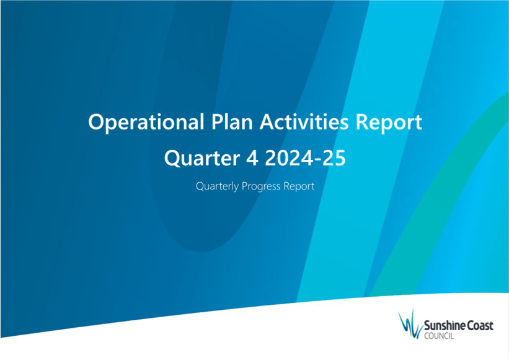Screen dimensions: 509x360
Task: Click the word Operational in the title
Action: tap(146, 123)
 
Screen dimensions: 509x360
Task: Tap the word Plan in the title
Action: tap(232, 121)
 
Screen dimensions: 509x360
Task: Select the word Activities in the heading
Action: tap(304, 121)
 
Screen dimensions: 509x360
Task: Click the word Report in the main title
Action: tap(389, 123)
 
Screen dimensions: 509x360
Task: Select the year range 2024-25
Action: tap(305, 158)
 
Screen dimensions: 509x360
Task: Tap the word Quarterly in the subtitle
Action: tap(217, 187)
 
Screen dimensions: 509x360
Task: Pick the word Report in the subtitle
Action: tap(299, 187)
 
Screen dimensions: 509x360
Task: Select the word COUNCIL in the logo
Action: tap(439, 336)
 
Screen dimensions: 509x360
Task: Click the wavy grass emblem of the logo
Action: tap(410, 324)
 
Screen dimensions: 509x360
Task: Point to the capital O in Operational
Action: tap(97, 121)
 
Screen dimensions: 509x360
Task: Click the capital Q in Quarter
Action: tap(173, 158)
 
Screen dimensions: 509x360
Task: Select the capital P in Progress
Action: tap(245, 186)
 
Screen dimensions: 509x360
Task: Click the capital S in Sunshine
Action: tap(427, 326)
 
